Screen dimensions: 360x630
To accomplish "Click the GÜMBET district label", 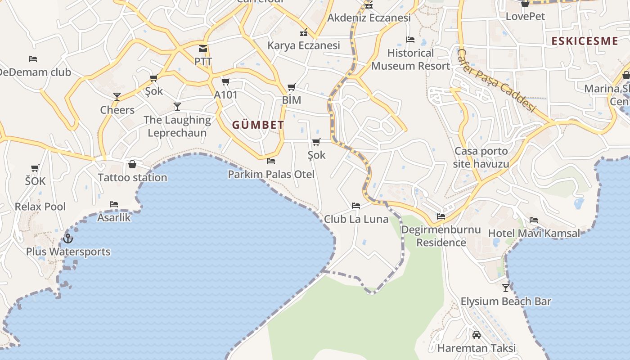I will click(258, 125).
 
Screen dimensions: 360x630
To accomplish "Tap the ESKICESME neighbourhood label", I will click(585, 41).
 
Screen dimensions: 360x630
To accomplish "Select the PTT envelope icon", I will click(203, 48).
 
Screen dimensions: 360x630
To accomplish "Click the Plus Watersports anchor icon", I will click(68, 238).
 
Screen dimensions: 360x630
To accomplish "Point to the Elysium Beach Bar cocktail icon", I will click(506, 288).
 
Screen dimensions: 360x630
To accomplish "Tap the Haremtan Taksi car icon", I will click(476, 334).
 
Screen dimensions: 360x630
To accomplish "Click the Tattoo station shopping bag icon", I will click(132, 164).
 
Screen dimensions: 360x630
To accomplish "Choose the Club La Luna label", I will click(356, 219).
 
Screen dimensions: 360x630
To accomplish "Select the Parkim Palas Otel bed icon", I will click(271, 161).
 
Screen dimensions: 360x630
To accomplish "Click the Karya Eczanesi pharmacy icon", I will click(304, 32).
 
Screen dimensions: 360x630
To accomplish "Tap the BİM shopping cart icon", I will click(291, 87).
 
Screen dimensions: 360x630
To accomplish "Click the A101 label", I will click(225, 95).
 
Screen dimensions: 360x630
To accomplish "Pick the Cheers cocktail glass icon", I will click(117, 96).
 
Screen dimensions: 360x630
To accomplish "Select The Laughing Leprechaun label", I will click(177, 126).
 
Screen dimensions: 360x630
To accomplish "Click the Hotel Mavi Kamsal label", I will click(534, 233).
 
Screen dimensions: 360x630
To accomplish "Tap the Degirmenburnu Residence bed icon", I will click(441, 216).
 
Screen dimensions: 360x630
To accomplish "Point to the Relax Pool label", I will click(40, 207).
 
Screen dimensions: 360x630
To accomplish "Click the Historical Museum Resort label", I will click(410, 59).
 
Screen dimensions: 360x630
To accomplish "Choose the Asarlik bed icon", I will click(114, 204).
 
